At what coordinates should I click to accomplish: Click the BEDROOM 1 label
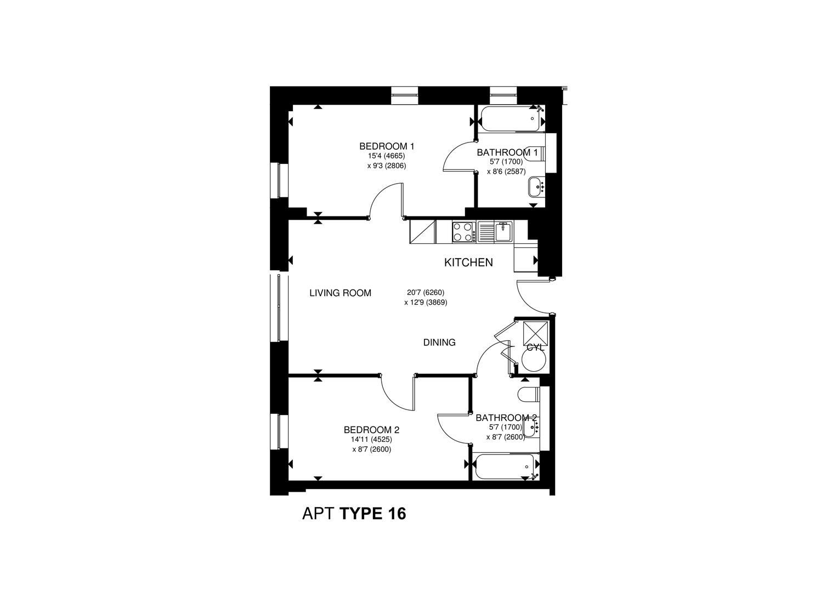coord(386,146)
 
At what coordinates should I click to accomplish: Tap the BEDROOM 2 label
coord(371,430)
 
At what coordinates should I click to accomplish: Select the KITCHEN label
coord(468,263)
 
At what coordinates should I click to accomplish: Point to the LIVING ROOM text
coord(340,293)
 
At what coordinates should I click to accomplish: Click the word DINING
coord(439,343)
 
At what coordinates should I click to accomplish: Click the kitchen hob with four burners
coord(463,232)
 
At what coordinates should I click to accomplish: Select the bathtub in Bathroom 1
coord(511,118)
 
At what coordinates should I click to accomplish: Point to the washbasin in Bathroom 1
coord(535,187)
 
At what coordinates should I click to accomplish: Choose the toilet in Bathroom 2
coord(529,395)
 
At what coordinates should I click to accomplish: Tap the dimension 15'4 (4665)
coord(386,156)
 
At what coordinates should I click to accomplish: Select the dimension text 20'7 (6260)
coord(426,293)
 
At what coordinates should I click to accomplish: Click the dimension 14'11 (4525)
coord(371,440)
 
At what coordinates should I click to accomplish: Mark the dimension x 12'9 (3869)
coord(426,302)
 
